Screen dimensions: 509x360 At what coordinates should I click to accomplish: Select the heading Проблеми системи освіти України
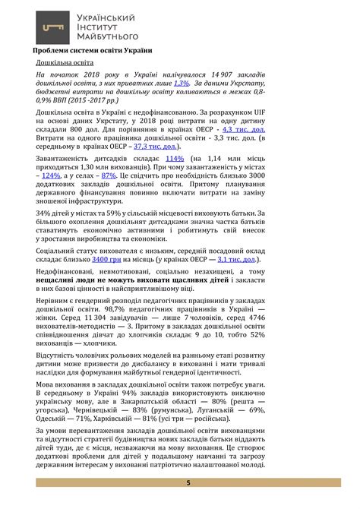[93, 51]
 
